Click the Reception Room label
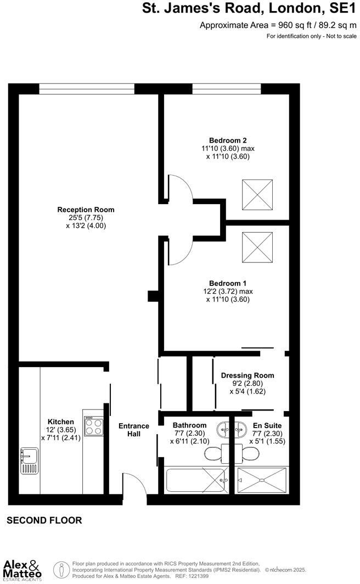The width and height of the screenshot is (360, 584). [x=86, y=210]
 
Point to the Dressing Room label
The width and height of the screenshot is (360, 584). [x=248, y=375]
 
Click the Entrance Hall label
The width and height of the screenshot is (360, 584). [x=134, y=430]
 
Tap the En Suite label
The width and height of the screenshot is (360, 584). [x=267, y=425]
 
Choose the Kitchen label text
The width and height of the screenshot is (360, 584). [x=60, y=422]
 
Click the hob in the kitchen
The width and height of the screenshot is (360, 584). [x=93, y=426]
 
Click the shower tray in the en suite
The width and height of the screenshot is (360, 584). [x=262, y=480]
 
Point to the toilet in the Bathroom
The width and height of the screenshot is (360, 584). [x=213, y=453]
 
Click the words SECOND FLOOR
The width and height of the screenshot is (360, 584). [x=44, y=520]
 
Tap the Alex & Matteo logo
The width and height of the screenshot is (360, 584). [x=22, y=569]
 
